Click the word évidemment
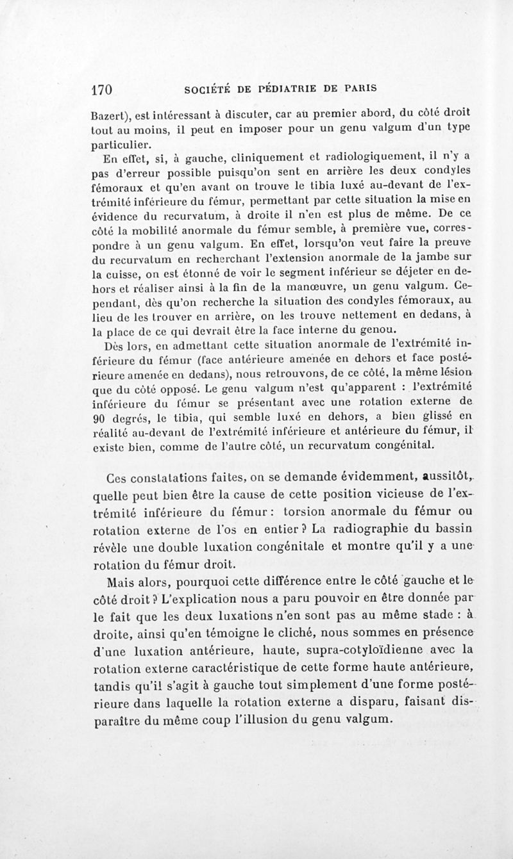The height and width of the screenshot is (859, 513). click(363, 476)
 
